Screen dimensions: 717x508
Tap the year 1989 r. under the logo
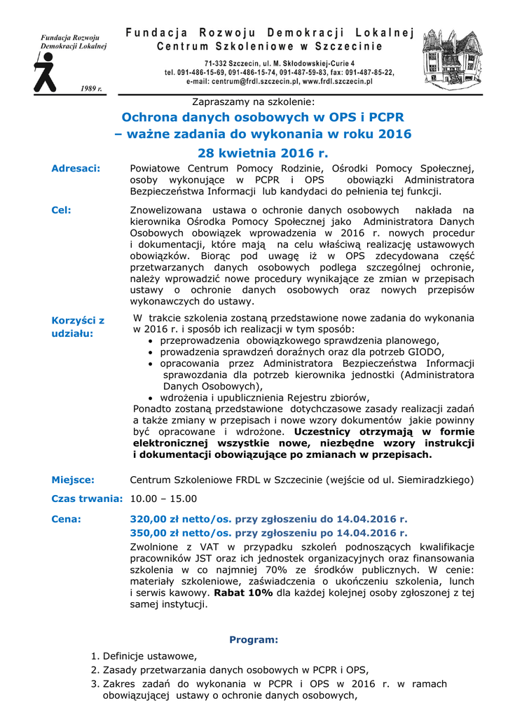point(91,89)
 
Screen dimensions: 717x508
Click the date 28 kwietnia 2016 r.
point(263,153)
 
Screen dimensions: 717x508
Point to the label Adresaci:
point(76,168)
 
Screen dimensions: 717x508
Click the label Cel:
point(62,209)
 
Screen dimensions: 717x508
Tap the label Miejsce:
point(73,480)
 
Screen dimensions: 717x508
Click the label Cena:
point(67,520)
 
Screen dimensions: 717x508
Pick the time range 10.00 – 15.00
point(164,499)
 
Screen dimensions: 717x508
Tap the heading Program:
point(254,639)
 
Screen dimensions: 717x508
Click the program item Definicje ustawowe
point(149,656)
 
